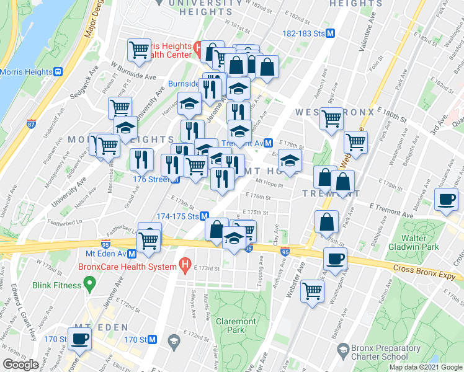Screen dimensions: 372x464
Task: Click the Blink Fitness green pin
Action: [89, 285]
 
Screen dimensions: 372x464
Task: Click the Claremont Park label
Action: [236, 326]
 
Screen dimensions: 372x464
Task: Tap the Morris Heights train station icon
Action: [59, 71]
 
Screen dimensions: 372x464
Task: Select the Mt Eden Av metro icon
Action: [132, 254]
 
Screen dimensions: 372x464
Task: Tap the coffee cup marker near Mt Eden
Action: [79, 339]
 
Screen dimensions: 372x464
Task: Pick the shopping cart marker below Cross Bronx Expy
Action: [312, 290]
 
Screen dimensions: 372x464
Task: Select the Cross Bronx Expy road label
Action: [427, 272]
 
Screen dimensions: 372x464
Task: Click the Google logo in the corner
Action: [20, 365]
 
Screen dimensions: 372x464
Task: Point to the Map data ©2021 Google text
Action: [425, 367]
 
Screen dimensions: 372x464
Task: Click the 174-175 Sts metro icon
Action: [203, 216]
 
